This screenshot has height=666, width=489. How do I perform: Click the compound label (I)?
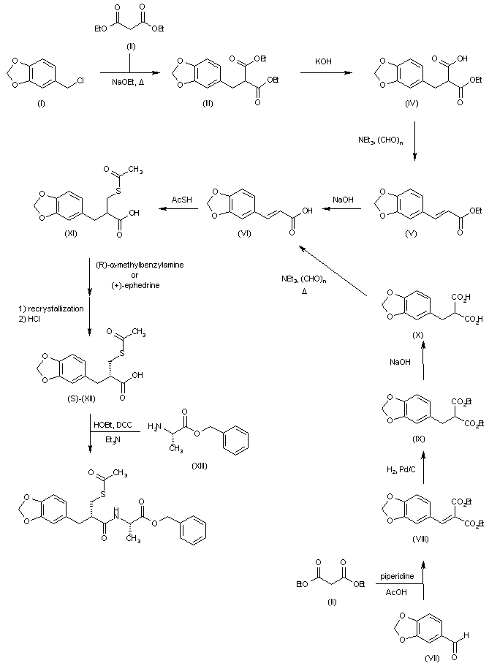pos(39,105)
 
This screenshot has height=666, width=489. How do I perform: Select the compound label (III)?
pos(208,105)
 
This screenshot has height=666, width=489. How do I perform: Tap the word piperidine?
pos(396,577)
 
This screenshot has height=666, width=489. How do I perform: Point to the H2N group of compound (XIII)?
pos(155,426)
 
